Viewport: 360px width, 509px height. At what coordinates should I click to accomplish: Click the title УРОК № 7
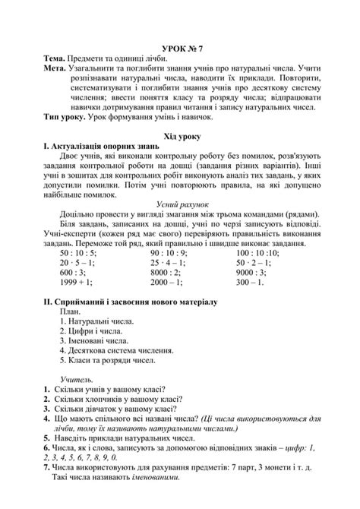pyautogui.click(x=180, y=47)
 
